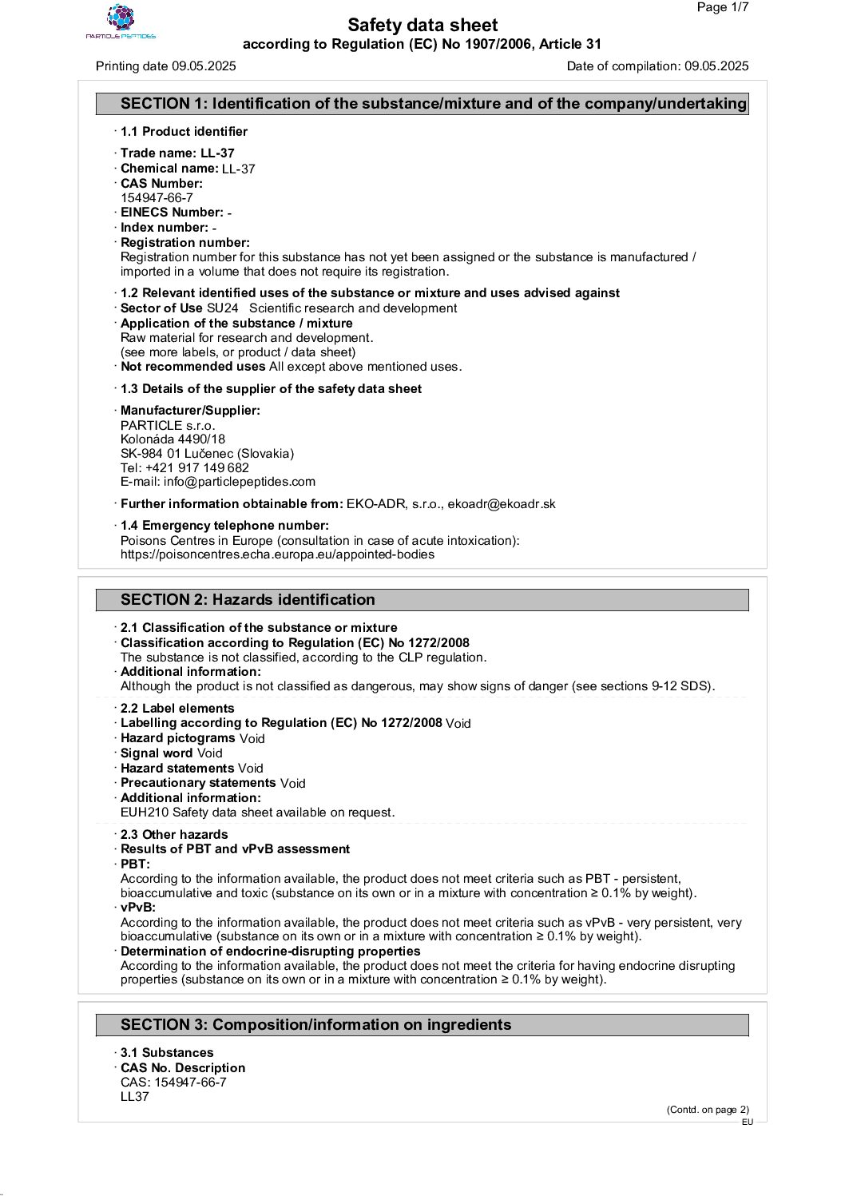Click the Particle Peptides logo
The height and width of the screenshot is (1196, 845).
click(121, 22)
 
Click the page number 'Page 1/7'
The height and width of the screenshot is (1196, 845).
click(722, 8)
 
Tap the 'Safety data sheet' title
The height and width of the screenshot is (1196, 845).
click(422, 26)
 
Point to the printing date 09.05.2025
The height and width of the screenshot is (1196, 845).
click(204, 66)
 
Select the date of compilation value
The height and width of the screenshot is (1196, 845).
click(716, 66)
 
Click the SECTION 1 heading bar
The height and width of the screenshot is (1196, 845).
click(422, 104)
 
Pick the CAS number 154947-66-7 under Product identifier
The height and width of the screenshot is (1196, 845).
click(157, 198)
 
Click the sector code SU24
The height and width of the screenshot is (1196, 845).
click(222, 308)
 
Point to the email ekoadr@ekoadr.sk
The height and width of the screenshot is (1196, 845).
click(502, 504)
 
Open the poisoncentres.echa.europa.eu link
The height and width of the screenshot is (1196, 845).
click(277, 554)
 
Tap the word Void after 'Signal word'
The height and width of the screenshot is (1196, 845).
click(210, 753)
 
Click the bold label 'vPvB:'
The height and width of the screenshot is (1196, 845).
click(137, 908)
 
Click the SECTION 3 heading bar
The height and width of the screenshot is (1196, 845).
click(422, 1025)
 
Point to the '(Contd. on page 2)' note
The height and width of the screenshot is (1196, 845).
click(708, 1109)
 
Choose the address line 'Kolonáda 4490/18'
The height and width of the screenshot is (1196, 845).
click(173, 439)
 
